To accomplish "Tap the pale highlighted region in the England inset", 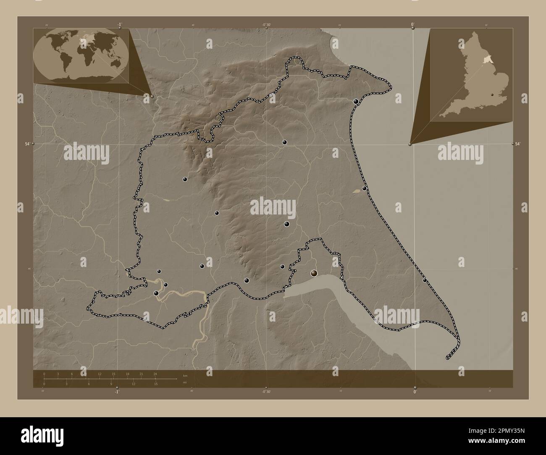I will pyautogui.click(x=486, y=60).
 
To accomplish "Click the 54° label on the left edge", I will pyautogui.click(x=27, y=144).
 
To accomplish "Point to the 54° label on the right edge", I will pyautogui.click(x=519, y=144).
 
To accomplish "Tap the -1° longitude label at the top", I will pyautogui.click(x=120, y=25).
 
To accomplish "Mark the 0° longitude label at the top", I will pyautogui.click(x=413, y=25).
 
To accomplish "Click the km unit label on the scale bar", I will pyautogui.click(x=185, y=375).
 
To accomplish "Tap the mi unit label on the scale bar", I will pyautogui.click(x=185, y=383).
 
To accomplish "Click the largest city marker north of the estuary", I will pyautogui.click(x=314, y=274).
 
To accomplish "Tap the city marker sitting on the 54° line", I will pyautogui.click(x=284, y=142).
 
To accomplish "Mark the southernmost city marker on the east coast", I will pyautogui.click(x=425, y=280).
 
